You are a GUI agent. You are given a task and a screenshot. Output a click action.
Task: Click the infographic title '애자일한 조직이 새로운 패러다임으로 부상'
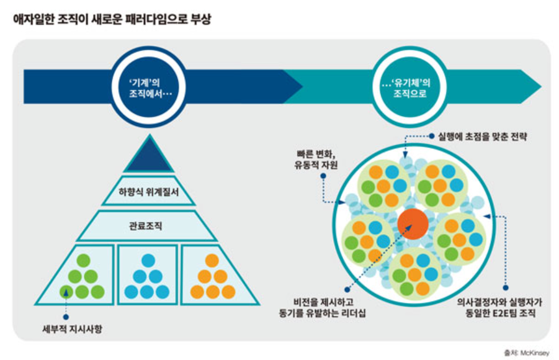(x=112, y=19)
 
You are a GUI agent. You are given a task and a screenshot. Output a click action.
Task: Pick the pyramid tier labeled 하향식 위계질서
(x=148, y=192)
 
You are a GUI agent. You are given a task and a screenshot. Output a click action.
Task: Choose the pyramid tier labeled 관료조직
(x=148, y=226)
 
